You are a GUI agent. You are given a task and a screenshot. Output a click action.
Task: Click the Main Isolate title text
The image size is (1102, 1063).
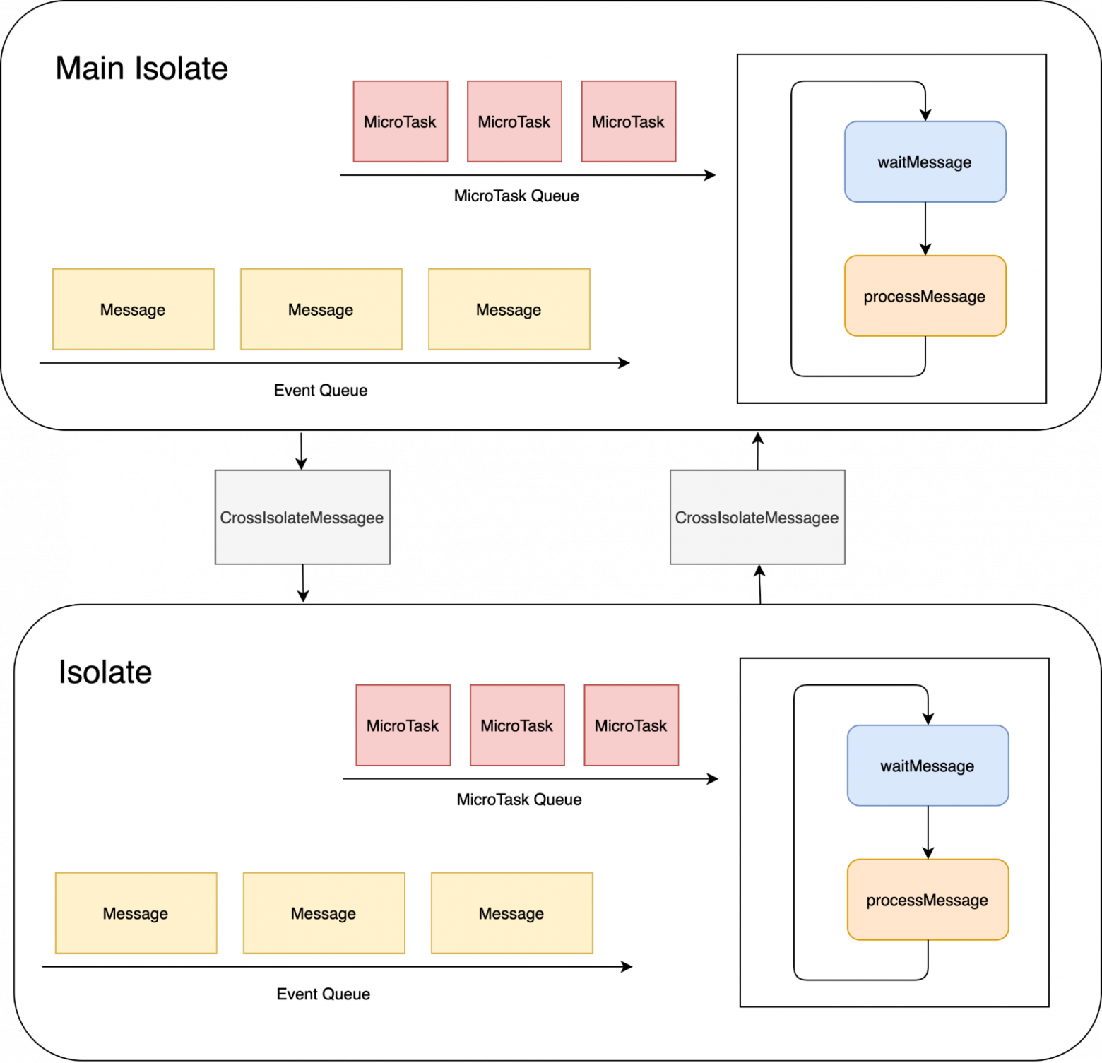click(x=141, y=69)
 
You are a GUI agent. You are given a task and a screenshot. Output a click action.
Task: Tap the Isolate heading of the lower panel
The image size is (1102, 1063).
click(x=105, y=672)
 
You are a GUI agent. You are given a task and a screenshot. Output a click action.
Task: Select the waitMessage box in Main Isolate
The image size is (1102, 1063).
click(x=925, y=162)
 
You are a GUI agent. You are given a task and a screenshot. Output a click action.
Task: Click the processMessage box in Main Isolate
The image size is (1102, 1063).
click(x=925, y=296)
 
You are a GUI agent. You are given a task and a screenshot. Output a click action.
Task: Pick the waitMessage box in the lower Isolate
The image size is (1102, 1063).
click(x=928, y=766)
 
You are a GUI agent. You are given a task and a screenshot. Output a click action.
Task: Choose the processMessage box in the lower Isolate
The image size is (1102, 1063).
click(x=928, y=900)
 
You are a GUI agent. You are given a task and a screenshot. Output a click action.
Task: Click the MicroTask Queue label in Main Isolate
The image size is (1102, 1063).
click(x=516, y=196)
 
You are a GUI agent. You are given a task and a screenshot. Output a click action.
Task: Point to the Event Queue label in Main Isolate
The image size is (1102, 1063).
click(x=321, y=391)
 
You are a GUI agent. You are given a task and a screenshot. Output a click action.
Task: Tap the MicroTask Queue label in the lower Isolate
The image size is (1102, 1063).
click(x=519, y=800)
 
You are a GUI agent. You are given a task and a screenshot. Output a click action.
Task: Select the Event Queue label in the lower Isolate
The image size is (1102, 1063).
click(x=324, y=994)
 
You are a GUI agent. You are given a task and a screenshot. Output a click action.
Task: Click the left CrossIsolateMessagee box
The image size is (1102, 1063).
click(x=302, y=518)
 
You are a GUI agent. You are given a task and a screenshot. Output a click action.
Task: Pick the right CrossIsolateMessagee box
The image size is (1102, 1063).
click(x=757, y=518)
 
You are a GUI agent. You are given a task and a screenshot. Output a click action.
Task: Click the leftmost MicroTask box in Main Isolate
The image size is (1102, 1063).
click(x=401, y=121)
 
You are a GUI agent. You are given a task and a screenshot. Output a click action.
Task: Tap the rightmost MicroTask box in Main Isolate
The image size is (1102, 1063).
click(x=629, y=121)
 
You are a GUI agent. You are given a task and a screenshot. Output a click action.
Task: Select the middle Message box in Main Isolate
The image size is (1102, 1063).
click(x=321, y=309)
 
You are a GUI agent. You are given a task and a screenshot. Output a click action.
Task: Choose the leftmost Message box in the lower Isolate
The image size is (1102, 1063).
click(x=136, y=913)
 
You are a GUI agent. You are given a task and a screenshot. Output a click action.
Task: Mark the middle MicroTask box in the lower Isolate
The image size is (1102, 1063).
click(x=517, y=725)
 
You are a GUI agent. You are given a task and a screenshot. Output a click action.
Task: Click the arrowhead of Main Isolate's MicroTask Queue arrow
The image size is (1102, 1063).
click(x=711, y=175)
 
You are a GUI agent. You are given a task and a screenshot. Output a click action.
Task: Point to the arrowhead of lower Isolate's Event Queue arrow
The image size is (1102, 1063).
click(x=627, y=967)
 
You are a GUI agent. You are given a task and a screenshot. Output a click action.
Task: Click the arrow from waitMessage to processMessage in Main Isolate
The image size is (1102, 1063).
click(x=925, y=228)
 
